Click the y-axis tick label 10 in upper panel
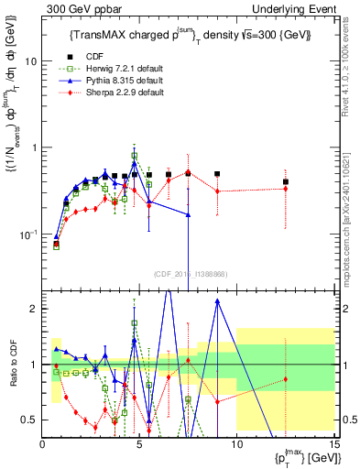point(28,61)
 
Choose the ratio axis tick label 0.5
point(28,420)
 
